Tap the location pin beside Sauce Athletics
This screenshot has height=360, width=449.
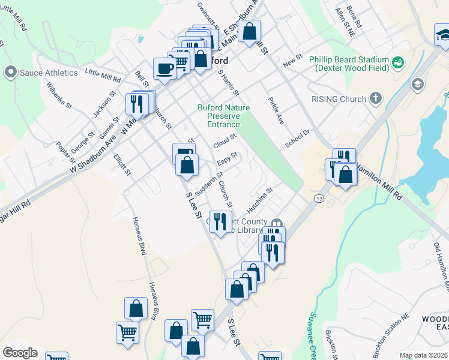tap(10, 73)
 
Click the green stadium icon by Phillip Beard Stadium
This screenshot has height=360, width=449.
tap(398, 62)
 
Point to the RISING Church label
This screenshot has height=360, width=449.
tap(338, 99)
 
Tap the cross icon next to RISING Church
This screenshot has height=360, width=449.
tap(376, 98)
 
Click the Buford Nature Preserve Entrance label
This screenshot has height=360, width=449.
tap(223, 116)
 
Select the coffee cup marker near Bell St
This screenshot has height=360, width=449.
tap(164, 69)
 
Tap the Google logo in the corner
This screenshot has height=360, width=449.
tap(20, 353)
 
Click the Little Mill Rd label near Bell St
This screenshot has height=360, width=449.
tap(103, 76)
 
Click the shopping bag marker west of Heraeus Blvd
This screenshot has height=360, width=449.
tap(136, 309)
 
